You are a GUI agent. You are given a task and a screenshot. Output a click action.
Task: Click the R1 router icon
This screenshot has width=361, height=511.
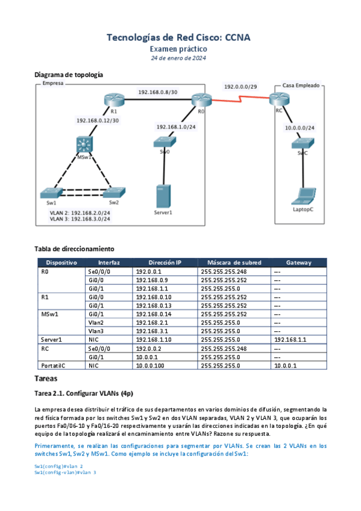114,99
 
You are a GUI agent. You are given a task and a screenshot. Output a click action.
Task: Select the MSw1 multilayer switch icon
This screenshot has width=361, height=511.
84,145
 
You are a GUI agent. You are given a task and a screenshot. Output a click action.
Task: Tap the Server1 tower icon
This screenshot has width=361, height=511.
163,196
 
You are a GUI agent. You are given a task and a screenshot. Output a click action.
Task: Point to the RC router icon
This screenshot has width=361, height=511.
279,99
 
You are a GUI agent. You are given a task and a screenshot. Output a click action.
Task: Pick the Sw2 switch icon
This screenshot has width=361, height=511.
114,192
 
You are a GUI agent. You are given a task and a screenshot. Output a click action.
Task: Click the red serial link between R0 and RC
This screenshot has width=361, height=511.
240,99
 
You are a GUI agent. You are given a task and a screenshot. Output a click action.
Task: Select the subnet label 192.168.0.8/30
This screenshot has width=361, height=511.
158,92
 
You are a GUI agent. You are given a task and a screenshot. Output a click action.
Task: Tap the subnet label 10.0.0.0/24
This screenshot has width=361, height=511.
300,128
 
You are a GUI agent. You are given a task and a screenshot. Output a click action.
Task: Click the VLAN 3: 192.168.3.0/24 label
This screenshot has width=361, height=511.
80,219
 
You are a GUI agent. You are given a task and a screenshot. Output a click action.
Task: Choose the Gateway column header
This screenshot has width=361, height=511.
299,263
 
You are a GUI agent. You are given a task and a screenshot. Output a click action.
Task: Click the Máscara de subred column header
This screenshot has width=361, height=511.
234,263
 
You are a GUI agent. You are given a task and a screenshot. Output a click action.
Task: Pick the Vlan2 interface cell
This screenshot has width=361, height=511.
96,322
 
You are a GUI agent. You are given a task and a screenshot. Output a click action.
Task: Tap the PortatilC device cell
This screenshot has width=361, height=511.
53,366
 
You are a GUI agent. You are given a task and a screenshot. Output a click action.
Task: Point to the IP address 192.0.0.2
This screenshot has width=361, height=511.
149,349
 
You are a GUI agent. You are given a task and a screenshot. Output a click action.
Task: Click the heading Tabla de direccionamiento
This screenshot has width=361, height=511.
74,249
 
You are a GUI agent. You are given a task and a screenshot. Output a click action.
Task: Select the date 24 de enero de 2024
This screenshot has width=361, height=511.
178,58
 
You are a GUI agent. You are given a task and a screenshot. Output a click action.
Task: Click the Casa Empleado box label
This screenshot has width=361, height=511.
301,86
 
